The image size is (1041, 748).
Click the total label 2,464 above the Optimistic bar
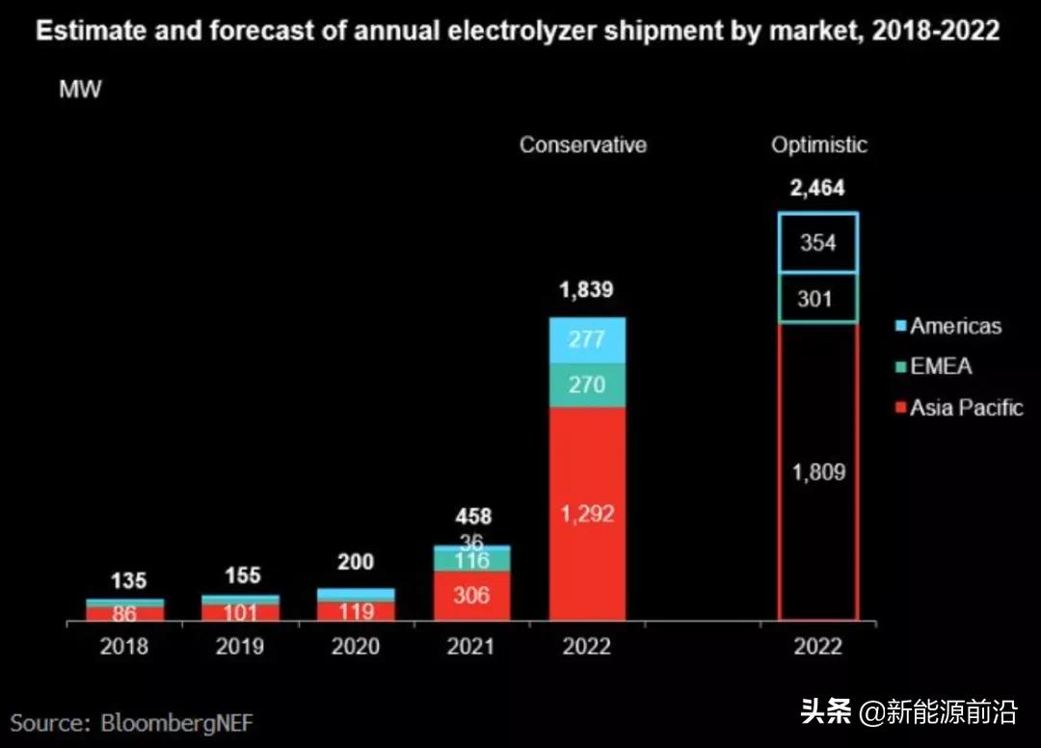(817, 189)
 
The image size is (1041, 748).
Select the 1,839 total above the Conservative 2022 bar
(587, 290)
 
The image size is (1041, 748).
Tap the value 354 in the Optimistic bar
(817, 243)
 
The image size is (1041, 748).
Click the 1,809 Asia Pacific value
(817, 472)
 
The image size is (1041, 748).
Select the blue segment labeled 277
(587, 339)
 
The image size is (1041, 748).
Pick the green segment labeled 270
(587, 386)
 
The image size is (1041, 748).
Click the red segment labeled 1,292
(587, 513)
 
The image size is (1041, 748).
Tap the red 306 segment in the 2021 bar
(471, 596)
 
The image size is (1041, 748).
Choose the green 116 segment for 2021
(471, 560)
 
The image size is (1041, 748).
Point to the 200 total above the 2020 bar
(356, 562)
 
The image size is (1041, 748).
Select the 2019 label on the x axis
(240, 646)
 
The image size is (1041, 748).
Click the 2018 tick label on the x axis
(124, 646)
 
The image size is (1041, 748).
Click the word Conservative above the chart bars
(583, 145)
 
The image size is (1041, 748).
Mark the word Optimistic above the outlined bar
(818, 145)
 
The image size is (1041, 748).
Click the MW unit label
(80, 90)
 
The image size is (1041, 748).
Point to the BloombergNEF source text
(133, 722)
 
